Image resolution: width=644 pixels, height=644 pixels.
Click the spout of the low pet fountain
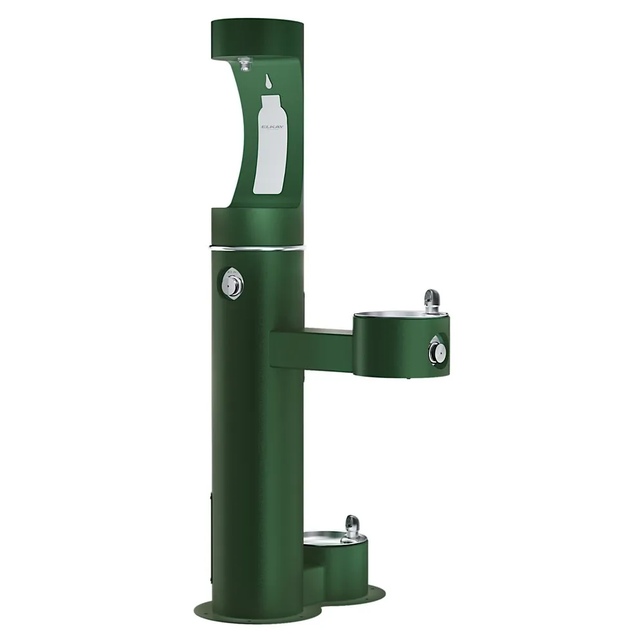pos(352,523)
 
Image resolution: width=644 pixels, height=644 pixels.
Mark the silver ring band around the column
pos(258,246)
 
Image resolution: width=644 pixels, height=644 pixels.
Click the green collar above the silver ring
pos(258,229)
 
